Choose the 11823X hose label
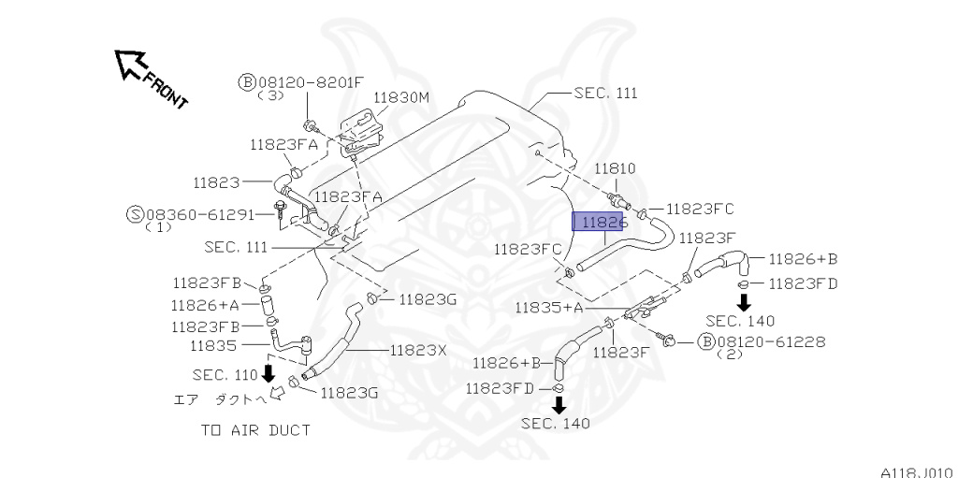(x=418, y=350)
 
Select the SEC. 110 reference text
(x=225, y=374)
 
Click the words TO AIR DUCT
(x=254, y=430)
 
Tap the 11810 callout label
(x=616, y=168)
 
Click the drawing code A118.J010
(x=916, y=471)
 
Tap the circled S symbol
(x=135, y=214)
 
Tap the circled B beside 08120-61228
(x=706, y=341)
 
